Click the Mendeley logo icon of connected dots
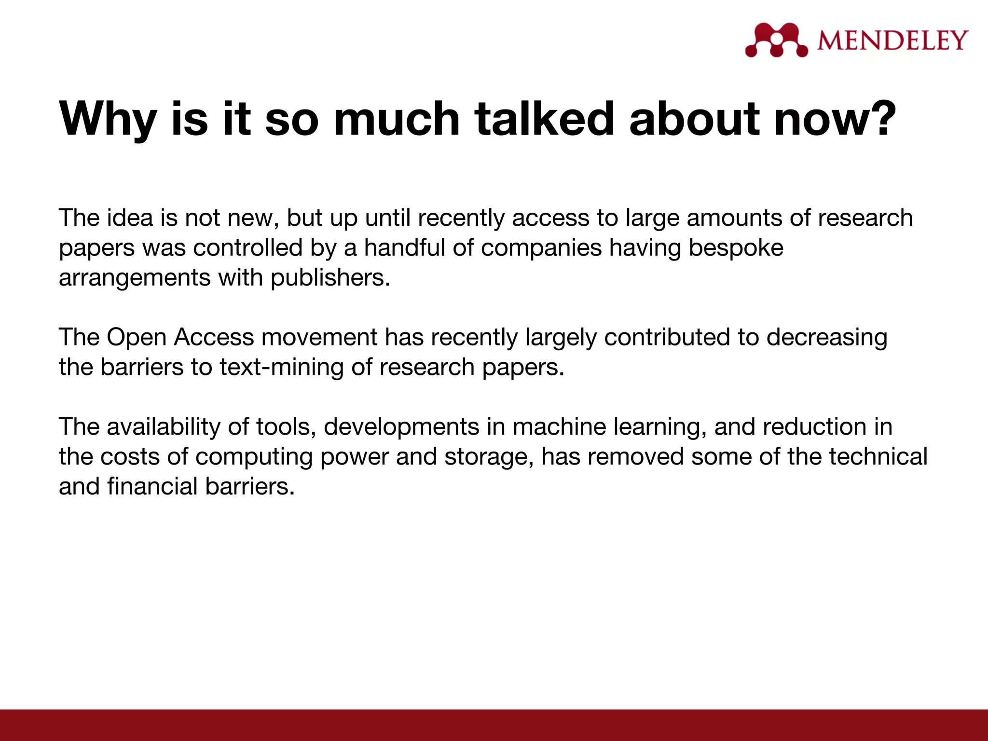click(776, 40)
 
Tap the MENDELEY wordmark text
click(892, 41)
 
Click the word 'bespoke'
click(736, 248)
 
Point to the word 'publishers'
click(329, 278)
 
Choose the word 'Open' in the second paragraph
click(137, 337)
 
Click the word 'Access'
click(214, 337)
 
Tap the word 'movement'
click(319, 337)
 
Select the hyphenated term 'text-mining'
click(282, 367)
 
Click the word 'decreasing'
click(826, 338)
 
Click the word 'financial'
click(152, 486)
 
